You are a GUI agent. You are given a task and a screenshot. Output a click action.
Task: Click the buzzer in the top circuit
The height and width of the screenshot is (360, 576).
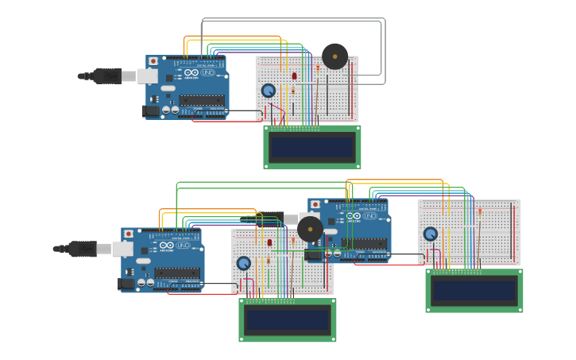pyautogui.click(x=334, y=56)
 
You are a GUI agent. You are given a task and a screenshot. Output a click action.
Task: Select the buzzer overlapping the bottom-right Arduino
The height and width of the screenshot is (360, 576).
pyautogui.click(x=310, y=229)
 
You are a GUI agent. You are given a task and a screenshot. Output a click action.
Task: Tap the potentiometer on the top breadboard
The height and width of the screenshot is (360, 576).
pyautogui.click(x=269, y=91)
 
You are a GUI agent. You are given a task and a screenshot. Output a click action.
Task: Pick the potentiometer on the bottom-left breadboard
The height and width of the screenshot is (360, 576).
pyautogui.click(x=244, y=263)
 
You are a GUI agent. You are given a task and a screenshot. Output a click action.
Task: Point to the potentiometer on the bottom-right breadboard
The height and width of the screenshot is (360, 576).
pyautogui.click(x=430, y=234)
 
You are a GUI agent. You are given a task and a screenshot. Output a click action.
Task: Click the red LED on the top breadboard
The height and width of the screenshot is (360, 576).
pyautogui.click(x=294, y=76)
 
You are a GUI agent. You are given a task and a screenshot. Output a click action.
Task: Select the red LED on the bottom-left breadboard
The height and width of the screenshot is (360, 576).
pyautogui.click(x=269, y=242)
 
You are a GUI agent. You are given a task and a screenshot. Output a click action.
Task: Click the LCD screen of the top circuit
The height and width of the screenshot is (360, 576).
pyautogui.click(x=312, y=147)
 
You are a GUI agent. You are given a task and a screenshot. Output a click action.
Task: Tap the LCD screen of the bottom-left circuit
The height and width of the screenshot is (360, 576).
pyautogui.click(x=287, y=320)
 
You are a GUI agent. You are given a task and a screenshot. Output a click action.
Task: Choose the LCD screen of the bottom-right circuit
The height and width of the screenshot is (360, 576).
pyautogui.click(x=474, y=291)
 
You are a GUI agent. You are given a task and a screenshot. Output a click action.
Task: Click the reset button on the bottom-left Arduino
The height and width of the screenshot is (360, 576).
pyautogui.click(x=129, y=234)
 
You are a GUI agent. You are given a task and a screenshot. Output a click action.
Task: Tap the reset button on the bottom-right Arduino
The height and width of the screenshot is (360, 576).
pyautogui.click(x=315, y=205)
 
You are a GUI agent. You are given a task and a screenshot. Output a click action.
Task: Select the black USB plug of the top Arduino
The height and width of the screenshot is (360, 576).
pyautogui.click(x=107, y=76)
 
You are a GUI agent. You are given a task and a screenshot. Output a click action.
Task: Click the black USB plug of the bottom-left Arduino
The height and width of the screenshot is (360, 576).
pyautogui.click(x=83, y=249)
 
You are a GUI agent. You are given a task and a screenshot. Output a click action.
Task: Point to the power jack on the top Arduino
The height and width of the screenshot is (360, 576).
pyautogui.click(x=151, y=111)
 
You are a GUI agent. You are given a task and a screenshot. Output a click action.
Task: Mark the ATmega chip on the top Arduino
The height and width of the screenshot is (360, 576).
pyautogui.click(x=202, y=100)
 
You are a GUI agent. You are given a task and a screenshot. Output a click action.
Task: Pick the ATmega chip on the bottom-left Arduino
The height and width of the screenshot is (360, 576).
pyautogui.click(x=177, y=273)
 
